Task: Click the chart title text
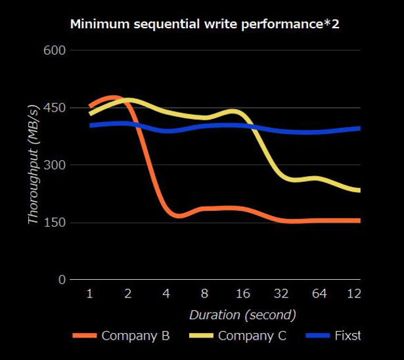click(204, 25)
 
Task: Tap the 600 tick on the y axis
click(54, 51)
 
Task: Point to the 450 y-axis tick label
click(54, 108)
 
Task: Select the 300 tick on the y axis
click(54, 166)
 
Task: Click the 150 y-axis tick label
click(54, 223)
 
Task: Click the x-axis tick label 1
click(89, 294)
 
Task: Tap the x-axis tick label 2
click(129, 294)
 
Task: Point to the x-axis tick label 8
click(206, 294)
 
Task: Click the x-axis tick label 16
click(244, 294)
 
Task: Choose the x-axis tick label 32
click(282, 294)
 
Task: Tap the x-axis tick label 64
click(320, 294)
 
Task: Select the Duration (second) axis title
click(242, 315)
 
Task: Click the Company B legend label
click(135, 336)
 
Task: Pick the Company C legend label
click(252, 336)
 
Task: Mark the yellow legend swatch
click(200, 336)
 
